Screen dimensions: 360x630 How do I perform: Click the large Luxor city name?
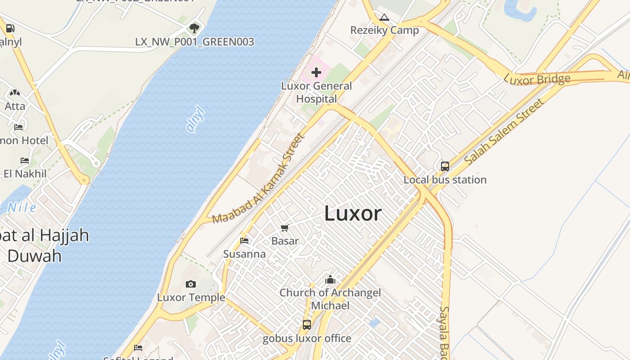pyautogui.click(x=353, y=213)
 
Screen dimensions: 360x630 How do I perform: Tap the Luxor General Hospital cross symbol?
pyautogui.click(x=316, y=72)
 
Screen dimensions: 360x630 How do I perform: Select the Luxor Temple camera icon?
pyautogui.click(x=191, y=284)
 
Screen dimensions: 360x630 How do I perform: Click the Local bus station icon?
pyautogui.click(x=445, y=166)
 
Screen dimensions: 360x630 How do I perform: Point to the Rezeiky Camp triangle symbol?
pyautogui.click(x=384, y=18)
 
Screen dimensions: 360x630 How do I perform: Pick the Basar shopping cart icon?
pyautogui.click(x=284, y=228)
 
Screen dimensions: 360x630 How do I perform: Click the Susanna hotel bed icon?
pyautogui.click(x=244, y=241)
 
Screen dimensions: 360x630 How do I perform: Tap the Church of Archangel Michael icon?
pyautogui.click(x=330, y=279)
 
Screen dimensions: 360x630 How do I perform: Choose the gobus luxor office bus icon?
pyautogui.click(x=307, y=324)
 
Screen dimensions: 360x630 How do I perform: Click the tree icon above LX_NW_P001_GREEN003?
pyautogui.click(x=194, y=28)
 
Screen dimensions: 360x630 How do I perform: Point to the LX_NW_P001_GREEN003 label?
pyautogui.click(x=194, y=42)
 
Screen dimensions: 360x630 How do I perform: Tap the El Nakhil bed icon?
pyautogui.click(x=25, y=161)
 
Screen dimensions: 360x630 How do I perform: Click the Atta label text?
pyautogui.click(x=15, y=106)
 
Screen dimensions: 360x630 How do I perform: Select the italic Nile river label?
pyautogui.click(x=22, y=207)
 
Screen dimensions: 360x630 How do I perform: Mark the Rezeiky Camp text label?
pyautogui.click(x=384, y=30)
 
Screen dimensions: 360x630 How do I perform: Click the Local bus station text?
pyautogui.click(x=445, y=180)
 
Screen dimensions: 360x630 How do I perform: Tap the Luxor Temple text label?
pyautogui.click(x=191, y=297)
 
